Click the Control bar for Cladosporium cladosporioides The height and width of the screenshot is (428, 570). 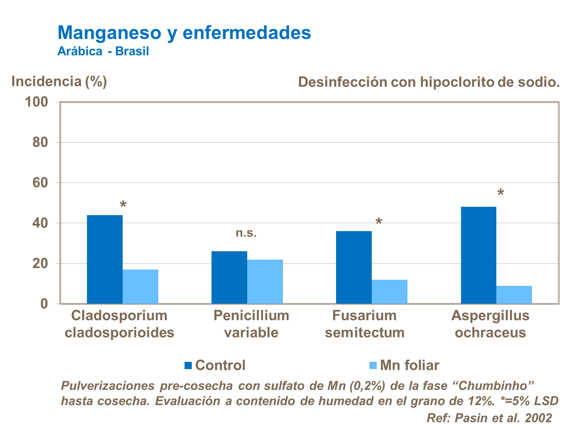pyautogui.click(x=105, y=259)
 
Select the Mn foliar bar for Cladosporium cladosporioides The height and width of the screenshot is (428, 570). pyautogui.click(x=141, y=287)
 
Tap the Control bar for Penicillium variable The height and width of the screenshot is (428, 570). pyautogui.click(x=229, y=277)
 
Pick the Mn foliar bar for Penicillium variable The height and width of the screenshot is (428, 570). pyautogui.click(x=265, y=282)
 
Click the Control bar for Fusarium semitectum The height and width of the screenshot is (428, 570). pyautogui.click(x=354, y=267)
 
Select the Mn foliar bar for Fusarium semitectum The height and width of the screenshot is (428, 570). pyautogui.click(x=390, y=292)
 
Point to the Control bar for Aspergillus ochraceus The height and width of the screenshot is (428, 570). pyautogui.click(x=478, y=255)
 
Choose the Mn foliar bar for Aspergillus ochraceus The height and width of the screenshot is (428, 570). pyautogui.click(x=514, y=295)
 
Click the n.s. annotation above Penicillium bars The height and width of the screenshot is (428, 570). pyautogui.click(x=246, y=233)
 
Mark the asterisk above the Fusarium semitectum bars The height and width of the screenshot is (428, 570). pyautogui.click(x=379, y=222)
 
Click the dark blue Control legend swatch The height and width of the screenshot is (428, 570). pyautogui.click(x=188, y=365)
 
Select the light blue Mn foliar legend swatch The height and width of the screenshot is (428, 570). pyautogui.click(x=373, y=365)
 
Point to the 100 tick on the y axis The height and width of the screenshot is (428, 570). pyautogui.click(x=36, y=102)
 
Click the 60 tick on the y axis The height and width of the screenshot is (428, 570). pyautogui.click(x=40, y=183)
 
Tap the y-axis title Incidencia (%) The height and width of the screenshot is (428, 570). pyautogui.click(x=59, y=81)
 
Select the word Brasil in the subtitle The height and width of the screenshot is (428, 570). pyautogui.click(x=132, y=51)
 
